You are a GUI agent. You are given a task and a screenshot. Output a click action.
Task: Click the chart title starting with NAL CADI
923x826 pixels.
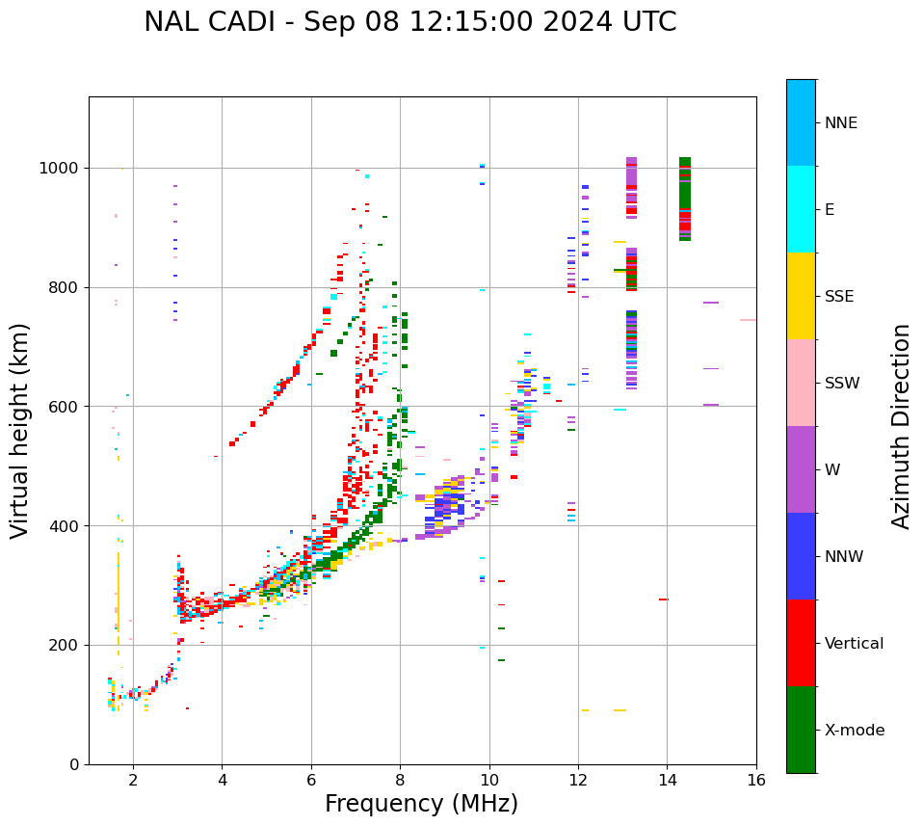(x=409, y=22)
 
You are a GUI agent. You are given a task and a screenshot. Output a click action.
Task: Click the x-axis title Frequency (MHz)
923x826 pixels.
(x=421, y=804)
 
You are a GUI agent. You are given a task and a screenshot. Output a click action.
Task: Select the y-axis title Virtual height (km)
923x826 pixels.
(x=20, y=430)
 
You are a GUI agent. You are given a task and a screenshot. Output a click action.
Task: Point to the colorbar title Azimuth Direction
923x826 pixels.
(x=901, y=425)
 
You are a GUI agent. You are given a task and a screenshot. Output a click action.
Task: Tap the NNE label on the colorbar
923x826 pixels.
(x=840, y=123)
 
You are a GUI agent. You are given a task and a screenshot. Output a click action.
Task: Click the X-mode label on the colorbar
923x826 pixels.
(x=854, y=731)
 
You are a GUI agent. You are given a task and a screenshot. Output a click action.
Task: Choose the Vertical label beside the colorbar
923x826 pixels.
(x=854, y=644)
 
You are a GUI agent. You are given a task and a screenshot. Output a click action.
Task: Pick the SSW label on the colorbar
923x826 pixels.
(x=842, y=384)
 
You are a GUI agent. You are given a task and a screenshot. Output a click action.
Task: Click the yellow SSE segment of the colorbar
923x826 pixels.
(x=801, y=296)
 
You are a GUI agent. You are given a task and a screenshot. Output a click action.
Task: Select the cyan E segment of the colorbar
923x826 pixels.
(x=801, y=209)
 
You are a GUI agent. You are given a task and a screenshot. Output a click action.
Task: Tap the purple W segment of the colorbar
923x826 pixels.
(x=801, y=469)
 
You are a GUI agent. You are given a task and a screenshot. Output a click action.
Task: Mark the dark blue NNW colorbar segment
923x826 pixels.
(x=801, y=556)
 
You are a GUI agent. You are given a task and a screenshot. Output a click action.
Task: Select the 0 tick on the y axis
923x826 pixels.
(x=74, y=764)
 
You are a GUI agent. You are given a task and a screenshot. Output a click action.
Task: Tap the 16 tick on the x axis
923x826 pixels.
(x=755, y=780)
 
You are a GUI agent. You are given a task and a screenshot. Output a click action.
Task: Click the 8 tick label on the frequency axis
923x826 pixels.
(x=400, y=780)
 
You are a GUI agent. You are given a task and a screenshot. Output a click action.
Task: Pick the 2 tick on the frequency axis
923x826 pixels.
(x=133, y=780)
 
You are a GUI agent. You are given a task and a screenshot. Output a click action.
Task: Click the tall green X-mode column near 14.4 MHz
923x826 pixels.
(x=685, y=198)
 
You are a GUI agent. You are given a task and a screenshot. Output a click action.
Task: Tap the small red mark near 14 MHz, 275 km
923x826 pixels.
(x=663, y=600)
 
